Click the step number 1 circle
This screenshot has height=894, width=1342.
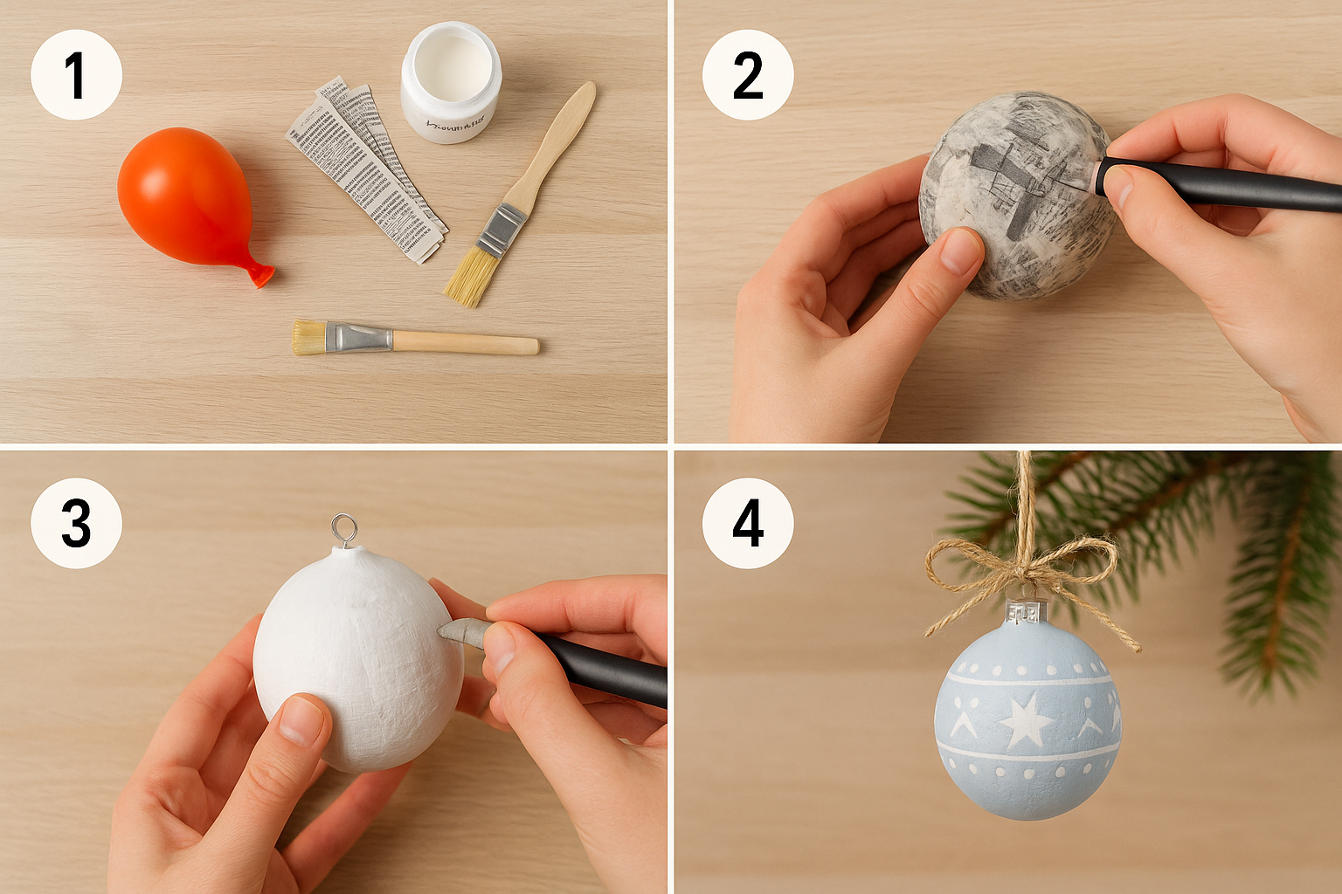coord(76,75)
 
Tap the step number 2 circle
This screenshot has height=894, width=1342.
coord(748,75)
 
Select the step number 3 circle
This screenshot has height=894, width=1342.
coord(76,524)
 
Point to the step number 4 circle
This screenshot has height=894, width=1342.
coord(748,524)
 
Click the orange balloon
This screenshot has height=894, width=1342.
coord(183,196)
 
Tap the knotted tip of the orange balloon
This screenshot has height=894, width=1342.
coord(260,276)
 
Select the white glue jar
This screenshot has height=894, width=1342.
coord(451,83)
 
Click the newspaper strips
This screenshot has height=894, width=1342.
coord(367,170)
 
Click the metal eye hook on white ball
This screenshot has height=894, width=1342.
coord(344,528)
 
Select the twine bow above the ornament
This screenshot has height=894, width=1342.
coord(1022,567)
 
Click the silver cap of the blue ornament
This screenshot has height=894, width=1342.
coord(1027,612)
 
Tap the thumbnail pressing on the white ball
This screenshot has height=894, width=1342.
coord(302,721)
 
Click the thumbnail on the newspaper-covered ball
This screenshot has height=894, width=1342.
coord(961,250)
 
